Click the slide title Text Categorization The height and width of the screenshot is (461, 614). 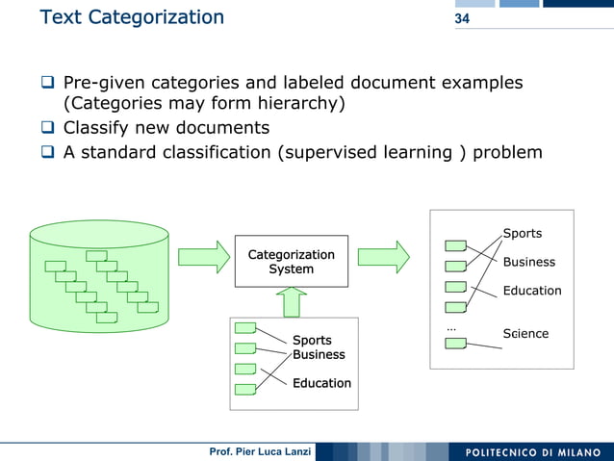(132, 17)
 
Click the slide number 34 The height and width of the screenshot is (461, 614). (462, 19)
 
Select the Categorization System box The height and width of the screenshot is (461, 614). (291, 261)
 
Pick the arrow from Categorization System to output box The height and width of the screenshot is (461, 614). (383, 256)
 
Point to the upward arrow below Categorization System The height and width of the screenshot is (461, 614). (292, 302)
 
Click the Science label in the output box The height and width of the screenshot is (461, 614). (525, 334)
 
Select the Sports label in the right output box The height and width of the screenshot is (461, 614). (523, 233)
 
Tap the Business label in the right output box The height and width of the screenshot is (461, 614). (528, 262)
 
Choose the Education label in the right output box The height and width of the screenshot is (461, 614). (531, 291)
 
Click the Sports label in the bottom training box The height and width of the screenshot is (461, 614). (312, 340)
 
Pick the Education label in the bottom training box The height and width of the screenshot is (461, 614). (321, 383)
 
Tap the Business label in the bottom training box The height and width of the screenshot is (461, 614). (319, 354)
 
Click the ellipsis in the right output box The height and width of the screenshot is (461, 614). (451, 328)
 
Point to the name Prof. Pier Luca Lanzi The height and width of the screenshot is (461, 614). (257, 452)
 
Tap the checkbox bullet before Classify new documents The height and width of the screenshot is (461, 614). (48, 129)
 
